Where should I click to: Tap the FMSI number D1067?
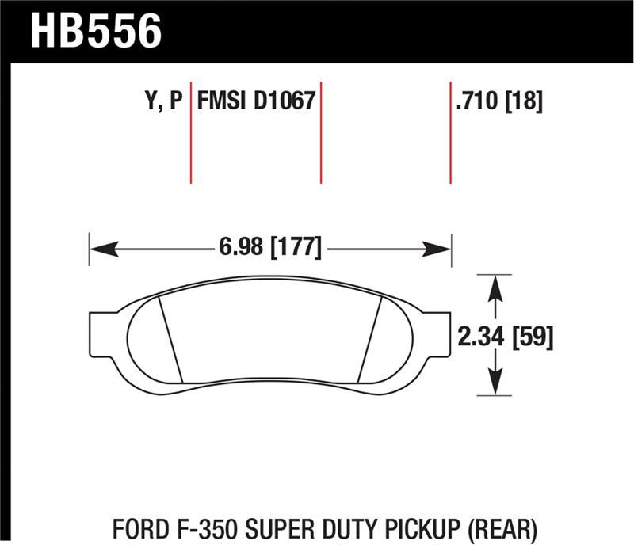[x=284, y=101]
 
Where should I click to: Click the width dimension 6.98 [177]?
[x=269, y=248]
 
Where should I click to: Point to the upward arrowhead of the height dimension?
[x=495, y=284]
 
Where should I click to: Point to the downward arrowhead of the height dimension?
[x=495, y=387]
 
